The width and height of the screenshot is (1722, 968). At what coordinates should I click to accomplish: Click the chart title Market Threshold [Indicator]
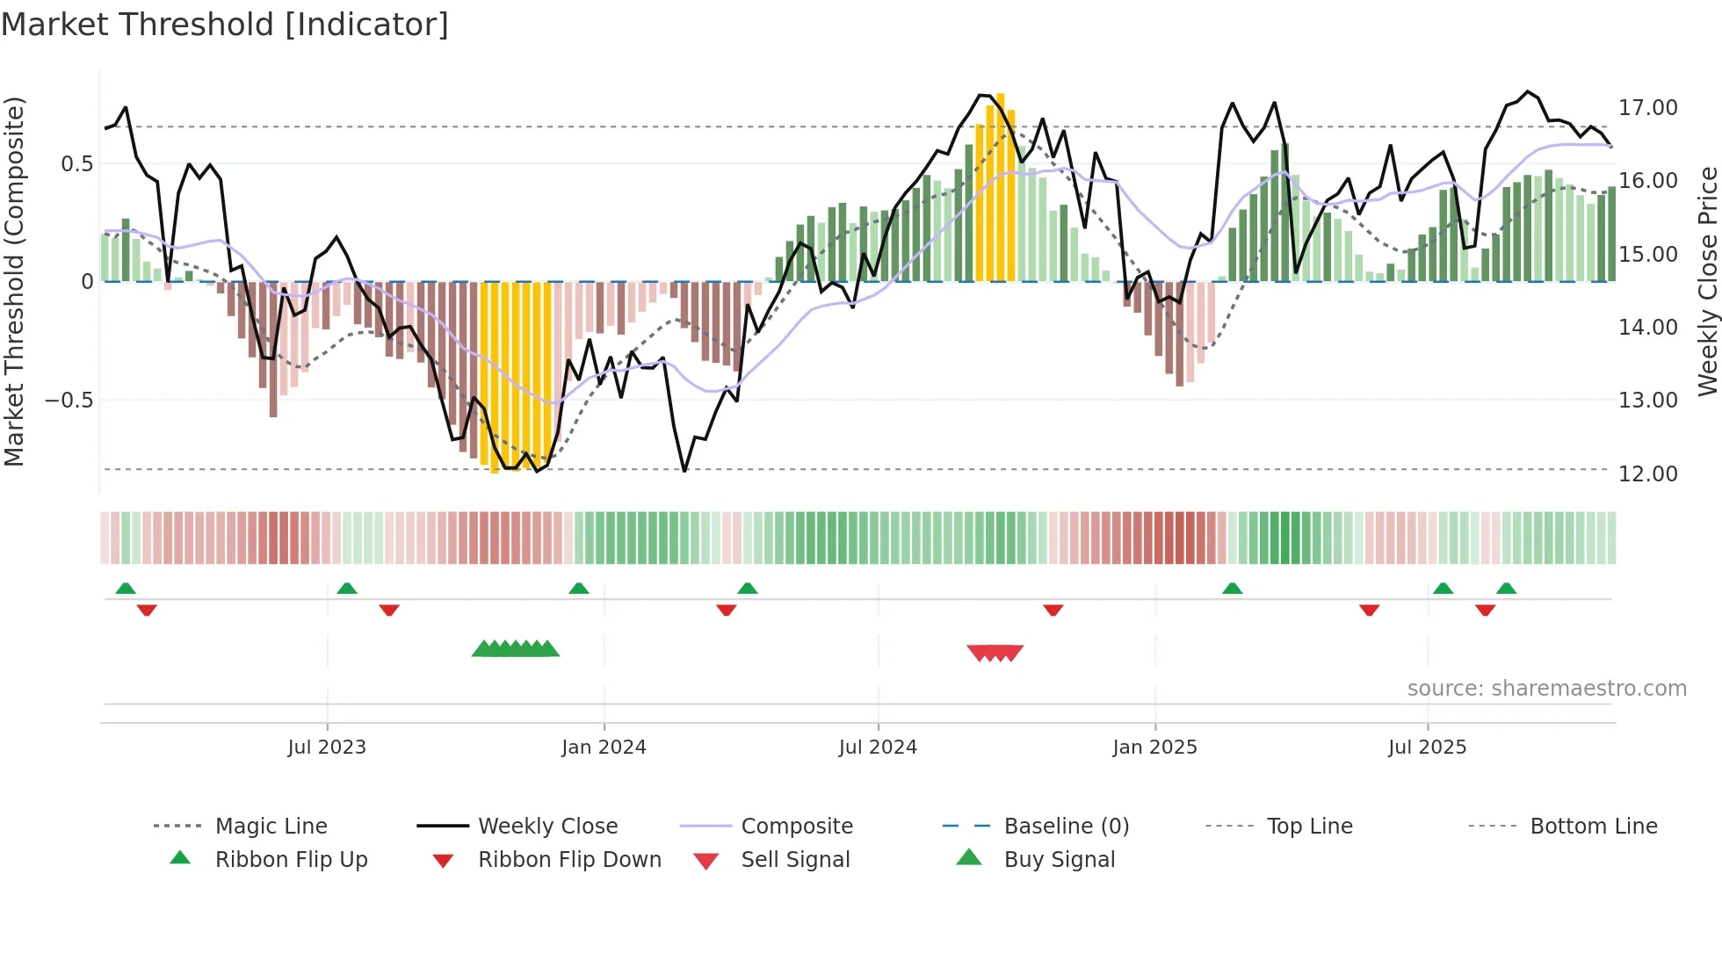click(225, 25)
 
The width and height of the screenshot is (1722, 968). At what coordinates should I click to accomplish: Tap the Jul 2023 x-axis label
click(327, 748)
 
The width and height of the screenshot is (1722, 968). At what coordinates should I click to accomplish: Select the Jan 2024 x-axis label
click(604, 748)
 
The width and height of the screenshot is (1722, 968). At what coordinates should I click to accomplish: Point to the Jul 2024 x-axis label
click(878, 748)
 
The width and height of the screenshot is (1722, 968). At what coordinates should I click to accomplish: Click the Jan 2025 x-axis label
click(1154, 748)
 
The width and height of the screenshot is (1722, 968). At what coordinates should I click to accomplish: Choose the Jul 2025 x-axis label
click(1428, 748)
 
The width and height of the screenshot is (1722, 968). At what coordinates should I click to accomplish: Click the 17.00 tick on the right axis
click(1647, 108)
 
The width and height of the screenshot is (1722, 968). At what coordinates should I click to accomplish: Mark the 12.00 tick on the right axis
click(1647, 474)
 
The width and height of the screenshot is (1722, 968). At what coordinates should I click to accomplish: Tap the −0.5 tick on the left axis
click(69, 401)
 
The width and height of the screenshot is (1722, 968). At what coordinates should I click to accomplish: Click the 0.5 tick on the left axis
click(76, 164)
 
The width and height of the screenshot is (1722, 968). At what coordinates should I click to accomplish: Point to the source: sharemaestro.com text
click(1546, 689)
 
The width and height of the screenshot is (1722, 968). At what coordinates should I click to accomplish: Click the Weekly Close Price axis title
click(1707, 281)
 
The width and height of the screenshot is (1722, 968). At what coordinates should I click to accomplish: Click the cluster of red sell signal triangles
click(995, 653)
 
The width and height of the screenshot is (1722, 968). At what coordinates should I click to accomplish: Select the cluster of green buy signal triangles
click(516, 650)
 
